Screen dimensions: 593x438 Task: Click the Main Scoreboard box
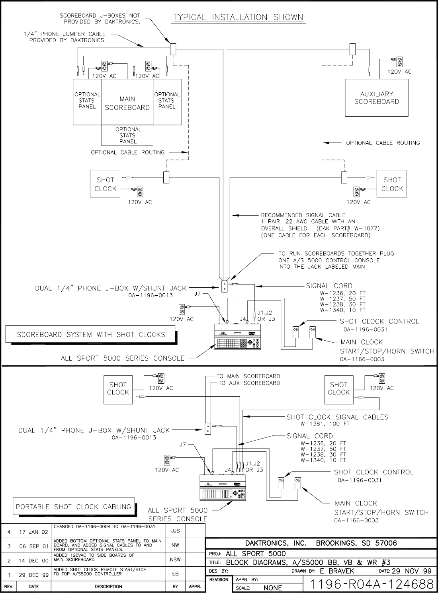pos(127,103)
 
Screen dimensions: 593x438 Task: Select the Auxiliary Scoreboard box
pos(376,98)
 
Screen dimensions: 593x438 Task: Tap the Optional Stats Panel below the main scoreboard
pos(127,135)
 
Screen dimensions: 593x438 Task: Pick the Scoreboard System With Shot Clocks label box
pos(90,335)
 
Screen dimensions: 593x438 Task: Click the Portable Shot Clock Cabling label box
pos(73,507)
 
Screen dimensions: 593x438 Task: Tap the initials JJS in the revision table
pos(175,531)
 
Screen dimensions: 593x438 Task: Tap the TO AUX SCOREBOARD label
pos(249,383)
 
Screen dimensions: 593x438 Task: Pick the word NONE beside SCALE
pos(273,588)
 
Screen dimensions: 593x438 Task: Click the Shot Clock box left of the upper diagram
pos(105,184)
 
